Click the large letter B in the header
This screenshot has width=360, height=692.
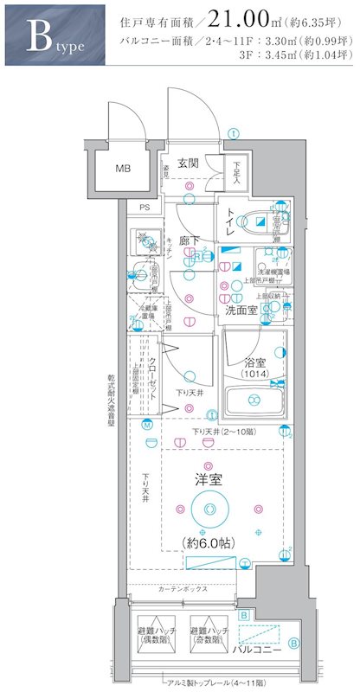coord(36,37)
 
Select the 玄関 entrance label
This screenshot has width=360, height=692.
coord(190,163)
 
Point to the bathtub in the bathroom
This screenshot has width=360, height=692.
coord(256,400)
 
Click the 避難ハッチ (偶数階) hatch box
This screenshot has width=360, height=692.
coord(156,639)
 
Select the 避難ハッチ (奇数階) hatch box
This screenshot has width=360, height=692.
coord(210,639)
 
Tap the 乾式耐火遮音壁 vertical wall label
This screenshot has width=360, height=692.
coord(111,381)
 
